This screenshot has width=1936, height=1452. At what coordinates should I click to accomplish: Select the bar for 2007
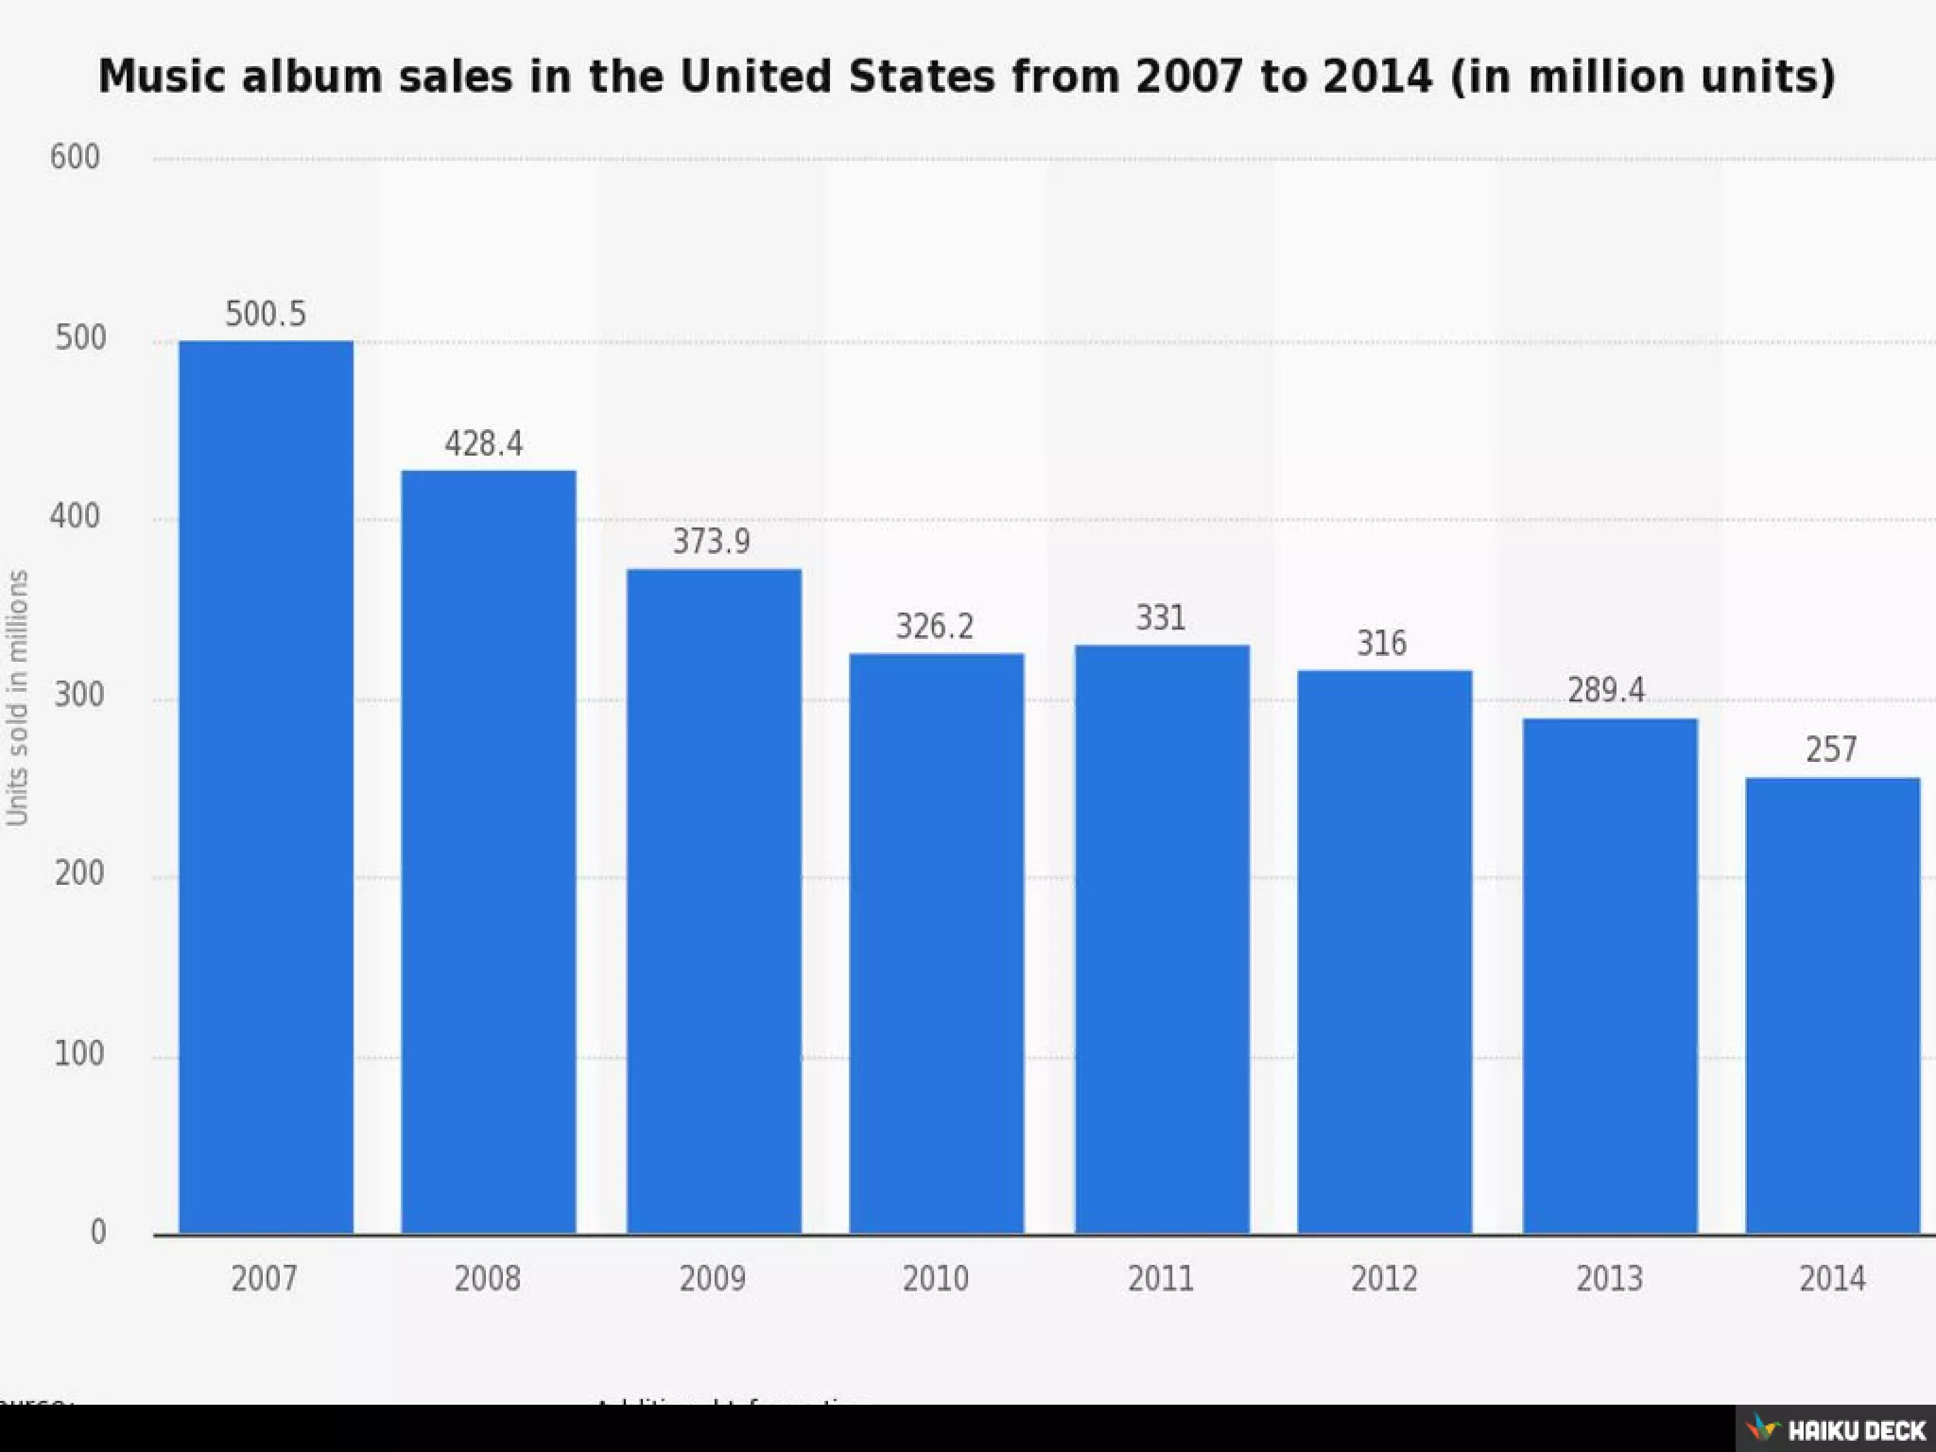tap(266, 786)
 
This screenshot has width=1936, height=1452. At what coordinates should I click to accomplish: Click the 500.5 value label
tap(266, 314)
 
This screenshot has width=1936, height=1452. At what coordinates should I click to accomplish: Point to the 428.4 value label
tap(484, 443)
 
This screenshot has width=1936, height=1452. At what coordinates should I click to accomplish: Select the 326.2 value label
tap(934, 626)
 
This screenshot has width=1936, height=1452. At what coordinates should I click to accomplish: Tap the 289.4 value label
tap(1606, 690)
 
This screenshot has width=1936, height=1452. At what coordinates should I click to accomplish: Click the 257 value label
tap(1831, 750)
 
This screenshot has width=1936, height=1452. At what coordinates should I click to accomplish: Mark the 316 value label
tap(1382, 644)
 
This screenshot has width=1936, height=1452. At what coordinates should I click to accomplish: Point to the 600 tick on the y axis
tap(75, 157)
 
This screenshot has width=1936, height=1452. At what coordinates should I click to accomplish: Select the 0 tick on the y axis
tap(97, 1232)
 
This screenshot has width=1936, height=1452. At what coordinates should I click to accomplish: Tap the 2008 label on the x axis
tap(487, 1279)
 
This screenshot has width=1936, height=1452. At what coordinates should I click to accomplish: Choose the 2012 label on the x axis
tap(1384, 1279)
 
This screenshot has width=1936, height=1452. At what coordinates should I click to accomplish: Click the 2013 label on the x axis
tap(1609, 1279)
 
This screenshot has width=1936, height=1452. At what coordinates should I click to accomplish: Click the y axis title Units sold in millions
tap(17, 698)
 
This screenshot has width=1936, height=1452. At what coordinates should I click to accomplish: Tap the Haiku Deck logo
tap(1837, 1428)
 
